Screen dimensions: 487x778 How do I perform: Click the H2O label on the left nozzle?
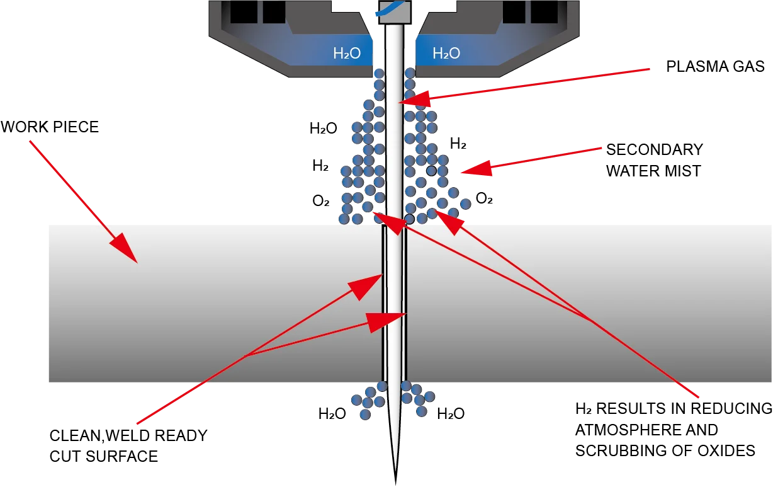point(347,54)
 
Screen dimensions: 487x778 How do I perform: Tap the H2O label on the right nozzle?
point(446,54)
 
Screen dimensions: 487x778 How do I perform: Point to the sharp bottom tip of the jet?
point(395,480)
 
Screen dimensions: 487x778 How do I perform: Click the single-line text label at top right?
point(714,68)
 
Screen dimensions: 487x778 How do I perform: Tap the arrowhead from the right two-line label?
point(470,169)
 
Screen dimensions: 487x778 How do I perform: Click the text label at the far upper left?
point(50,130)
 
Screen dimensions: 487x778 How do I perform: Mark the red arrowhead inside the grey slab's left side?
point(126,249)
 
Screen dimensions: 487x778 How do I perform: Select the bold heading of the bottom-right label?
point(673,409)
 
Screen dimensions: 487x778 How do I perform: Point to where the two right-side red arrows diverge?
point(592,321)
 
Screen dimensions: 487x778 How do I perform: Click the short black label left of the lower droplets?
point(332,413)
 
